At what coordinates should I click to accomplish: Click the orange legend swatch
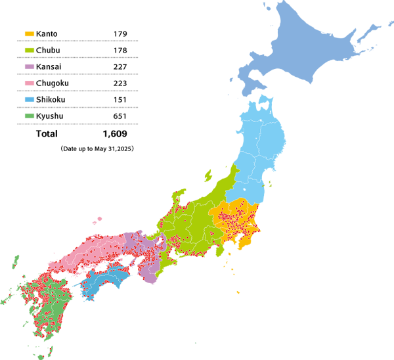30,34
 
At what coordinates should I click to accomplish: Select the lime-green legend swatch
30,50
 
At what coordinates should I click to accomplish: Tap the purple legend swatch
30,66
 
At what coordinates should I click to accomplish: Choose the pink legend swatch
30,83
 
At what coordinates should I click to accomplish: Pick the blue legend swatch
30,99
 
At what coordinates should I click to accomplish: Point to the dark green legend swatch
30,116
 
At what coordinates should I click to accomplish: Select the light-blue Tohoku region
263,145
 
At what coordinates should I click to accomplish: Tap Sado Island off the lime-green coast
208,175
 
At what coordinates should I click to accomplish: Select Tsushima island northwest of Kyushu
16,261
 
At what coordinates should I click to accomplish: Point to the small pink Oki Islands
98,219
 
